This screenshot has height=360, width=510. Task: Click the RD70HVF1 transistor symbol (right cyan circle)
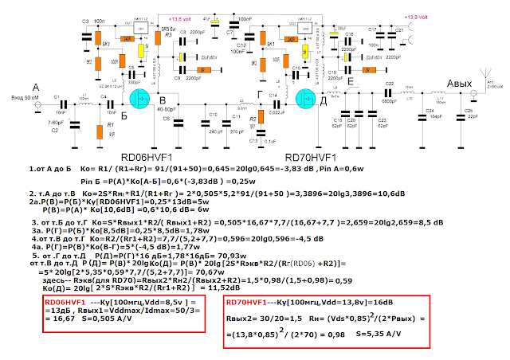[x=306, y=100]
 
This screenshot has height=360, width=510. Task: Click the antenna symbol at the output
[x=481, y=81]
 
